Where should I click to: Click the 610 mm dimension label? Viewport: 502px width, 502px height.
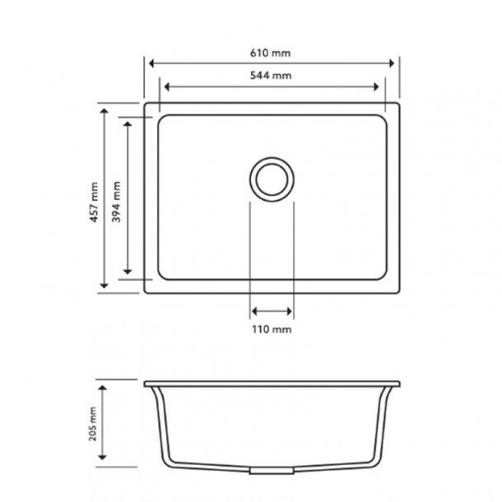pos(271,53)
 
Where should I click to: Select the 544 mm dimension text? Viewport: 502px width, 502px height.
pos(271,76)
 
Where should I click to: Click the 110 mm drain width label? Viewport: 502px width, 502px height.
pos(271,329)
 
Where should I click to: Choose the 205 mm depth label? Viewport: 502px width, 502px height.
pos(94,425)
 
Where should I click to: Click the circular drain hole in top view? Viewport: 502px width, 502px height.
pos(270,177)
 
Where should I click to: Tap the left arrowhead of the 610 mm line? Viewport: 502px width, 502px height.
pos(151,63)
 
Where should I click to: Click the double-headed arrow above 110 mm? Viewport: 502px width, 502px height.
pos(271,311)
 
